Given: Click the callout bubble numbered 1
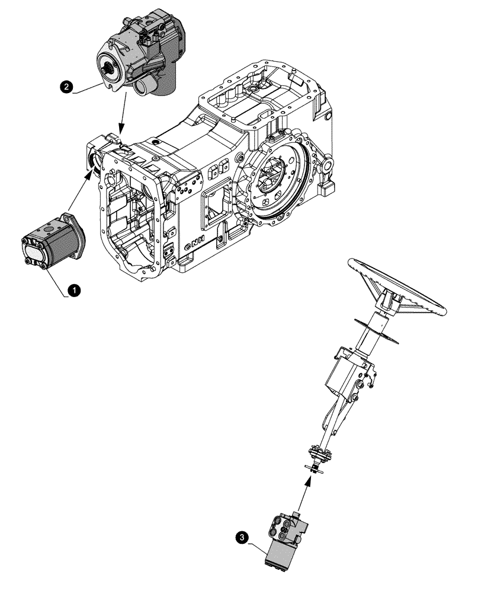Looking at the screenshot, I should pyautogui.click(x=73, y=290).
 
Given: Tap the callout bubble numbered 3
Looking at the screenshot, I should pyautogui.click(x=242, y=537).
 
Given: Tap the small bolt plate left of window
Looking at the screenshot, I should pyautogui.click(x=182, y=191).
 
